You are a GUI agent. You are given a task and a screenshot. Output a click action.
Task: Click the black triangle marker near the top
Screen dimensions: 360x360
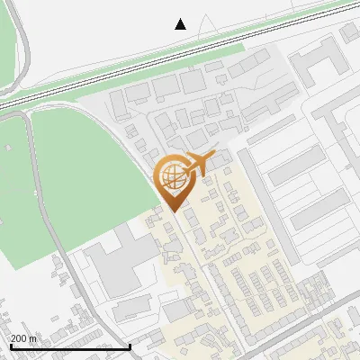click(x=181, y=24)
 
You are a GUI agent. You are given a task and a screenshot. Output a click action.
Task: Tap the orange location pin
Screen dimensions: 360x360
click(x=173, y=179)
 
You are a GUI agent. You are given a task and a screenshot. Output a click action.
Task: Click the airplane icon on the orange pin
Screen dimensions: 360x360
click(x=199, y=163)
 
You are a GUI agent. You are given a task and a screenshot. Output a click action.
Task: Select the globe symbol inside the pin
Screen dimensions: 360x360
click(x=171, y=175)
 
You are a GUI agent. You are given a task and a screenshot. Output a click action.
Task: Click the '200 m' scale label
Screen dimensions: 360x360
click(x=23, y=337)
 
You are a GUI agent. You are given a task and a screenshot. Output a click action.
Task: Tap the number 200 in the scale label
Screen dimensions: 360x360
click(x=19, y=337)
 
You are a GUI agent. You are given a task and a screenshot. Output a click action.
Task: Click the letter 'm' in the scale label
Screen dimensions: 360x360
click(x=32, y=337)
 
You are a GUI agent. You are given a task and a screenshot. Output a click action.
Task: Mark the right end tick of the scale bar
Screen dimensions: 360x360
click(x=130, y=346)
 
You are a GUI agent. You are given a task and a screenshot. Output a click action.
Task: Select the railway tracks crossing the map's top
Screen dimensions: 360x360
click(x=180, y=59)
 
